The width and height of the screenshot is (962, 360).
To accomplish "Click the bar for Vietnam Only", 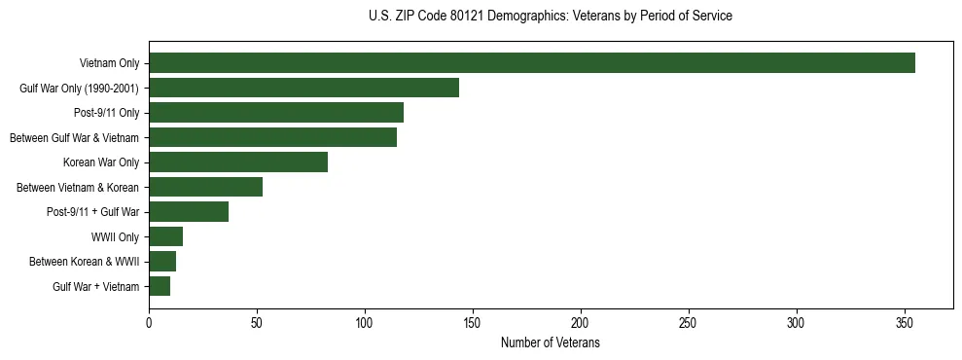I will [x=532, y=63].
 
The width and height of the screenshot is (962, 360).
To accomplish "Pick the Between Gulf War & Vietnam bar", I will [x=272, y=137].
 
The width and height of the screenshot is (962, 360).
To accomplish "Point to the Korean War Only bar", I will [x=238, y=162].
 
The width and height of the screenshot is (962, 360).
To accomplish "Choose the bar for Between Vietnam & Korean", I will [x=205, y=187].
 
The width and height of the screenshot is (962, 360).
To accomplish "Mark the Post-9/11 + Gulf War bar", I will [x=189, y=212].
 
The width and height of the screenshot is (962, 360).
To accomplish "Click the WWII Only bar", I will [x=165, y=236].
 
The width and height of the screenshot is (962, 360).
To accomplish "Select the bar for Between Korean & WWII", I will [x=162, y=262].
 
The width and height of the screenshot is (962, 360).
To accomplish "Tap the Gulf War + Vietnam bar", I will [x=160, y=286].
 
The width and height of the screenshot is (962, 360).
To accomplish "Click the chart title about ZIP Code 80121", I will [x=551, y=17].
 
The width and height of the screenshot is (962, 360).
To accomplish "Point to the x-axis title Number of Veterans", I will [x=551, y=343].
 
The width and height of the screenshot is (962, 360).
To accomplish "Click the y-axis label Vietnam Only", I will [x=109, y=64].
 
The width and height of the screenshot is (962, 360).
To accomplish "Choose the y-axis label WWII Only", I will [x=115, y=237].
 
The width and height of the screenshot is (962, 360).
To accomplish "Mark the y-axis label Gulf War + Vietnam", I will [x=96, y=287].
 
